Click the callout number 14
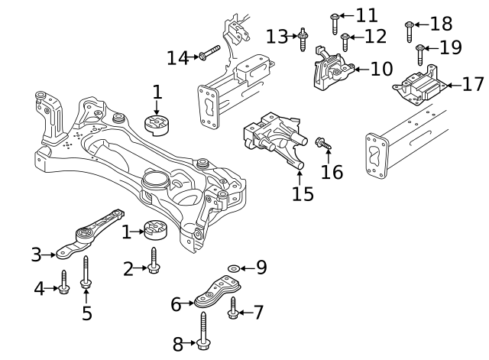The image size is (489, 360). point(177,57)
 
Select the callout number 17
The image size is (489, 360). point(473,84)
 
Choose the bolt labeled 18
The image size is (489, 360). point(409,31)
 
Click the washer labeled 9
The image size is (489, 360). point(233,269)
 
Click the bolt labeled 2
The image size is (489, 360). point(154,261)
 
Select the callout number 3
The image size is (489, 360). point(36,255)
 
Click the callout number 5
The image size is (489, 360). point(86,313)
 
